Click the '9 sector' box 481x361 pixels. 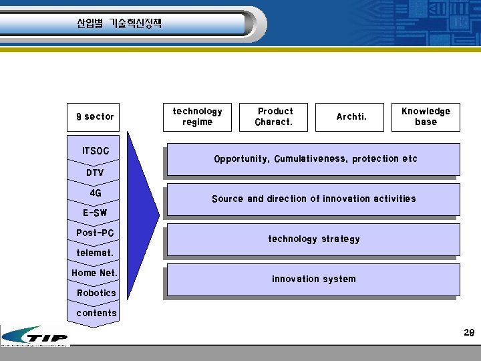point(95,117)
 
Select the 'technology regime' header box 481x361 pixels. point(197,117)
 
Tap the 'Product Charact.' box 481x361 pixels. point(275,117)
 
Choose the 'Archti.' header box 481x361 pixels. point(351,117)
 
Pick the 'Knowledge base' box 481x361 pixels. point(426,117)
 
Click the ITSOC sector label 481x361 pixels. point(95,151)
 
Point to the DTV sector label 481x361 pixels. point(95,173)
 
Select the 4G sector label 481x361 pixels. point(95,193)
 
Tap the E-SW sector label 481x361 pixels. point(95,213)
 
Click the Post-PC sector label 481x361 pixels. point(95,233)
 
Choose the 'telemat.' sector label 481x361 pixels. point(95,253)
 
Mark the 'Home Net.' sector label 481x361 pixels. point(95,273)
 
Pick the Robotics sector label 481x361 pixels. point(96,293)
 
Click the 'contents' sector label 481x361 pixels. point(96,313)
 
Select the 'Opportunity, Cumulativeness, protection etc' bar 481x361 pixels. point(315,159)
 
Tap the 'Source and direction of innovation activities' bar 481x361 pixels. point(313,199)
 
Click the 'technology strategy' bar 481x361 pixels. point(313,239)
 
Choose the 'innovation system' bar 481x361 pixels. point(313,279)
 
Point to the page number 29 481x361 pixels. point(468,333)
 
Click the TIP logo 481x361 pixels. point(35,336)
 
